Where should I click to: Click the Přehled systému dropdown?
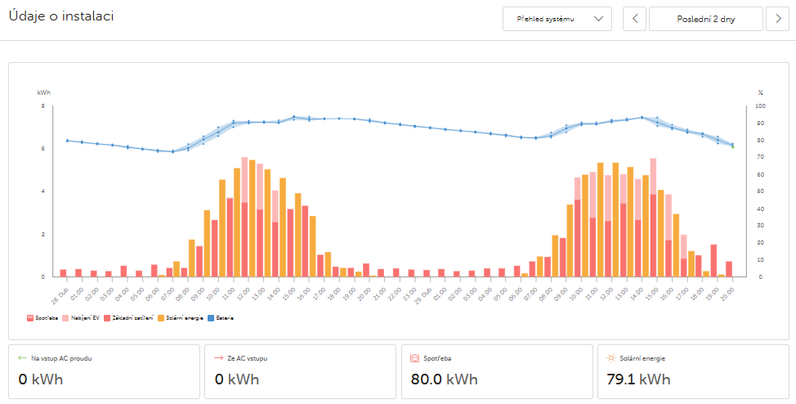pyautogui.click(x=557, y=19)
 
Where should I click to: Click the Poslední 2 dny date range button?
pyautogui.click(x=705, y=19)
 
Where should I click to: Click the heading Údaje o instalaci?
pyautogui.click(x=61, y=16)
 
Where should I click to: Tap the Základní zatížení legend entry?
pyautogui.click(x=131, y=316)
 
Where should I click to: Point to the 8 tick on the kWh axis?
pyautogui.click(x=43, y=106)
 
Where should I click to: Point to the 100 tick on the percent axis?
pyautogui.click(x=761, y=106)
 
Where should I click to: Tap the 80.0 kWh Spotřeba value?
pyautogui.click(x=441, y=379)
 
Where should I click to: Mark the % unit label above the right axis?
pyautogui.click(x=760, y=92)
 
